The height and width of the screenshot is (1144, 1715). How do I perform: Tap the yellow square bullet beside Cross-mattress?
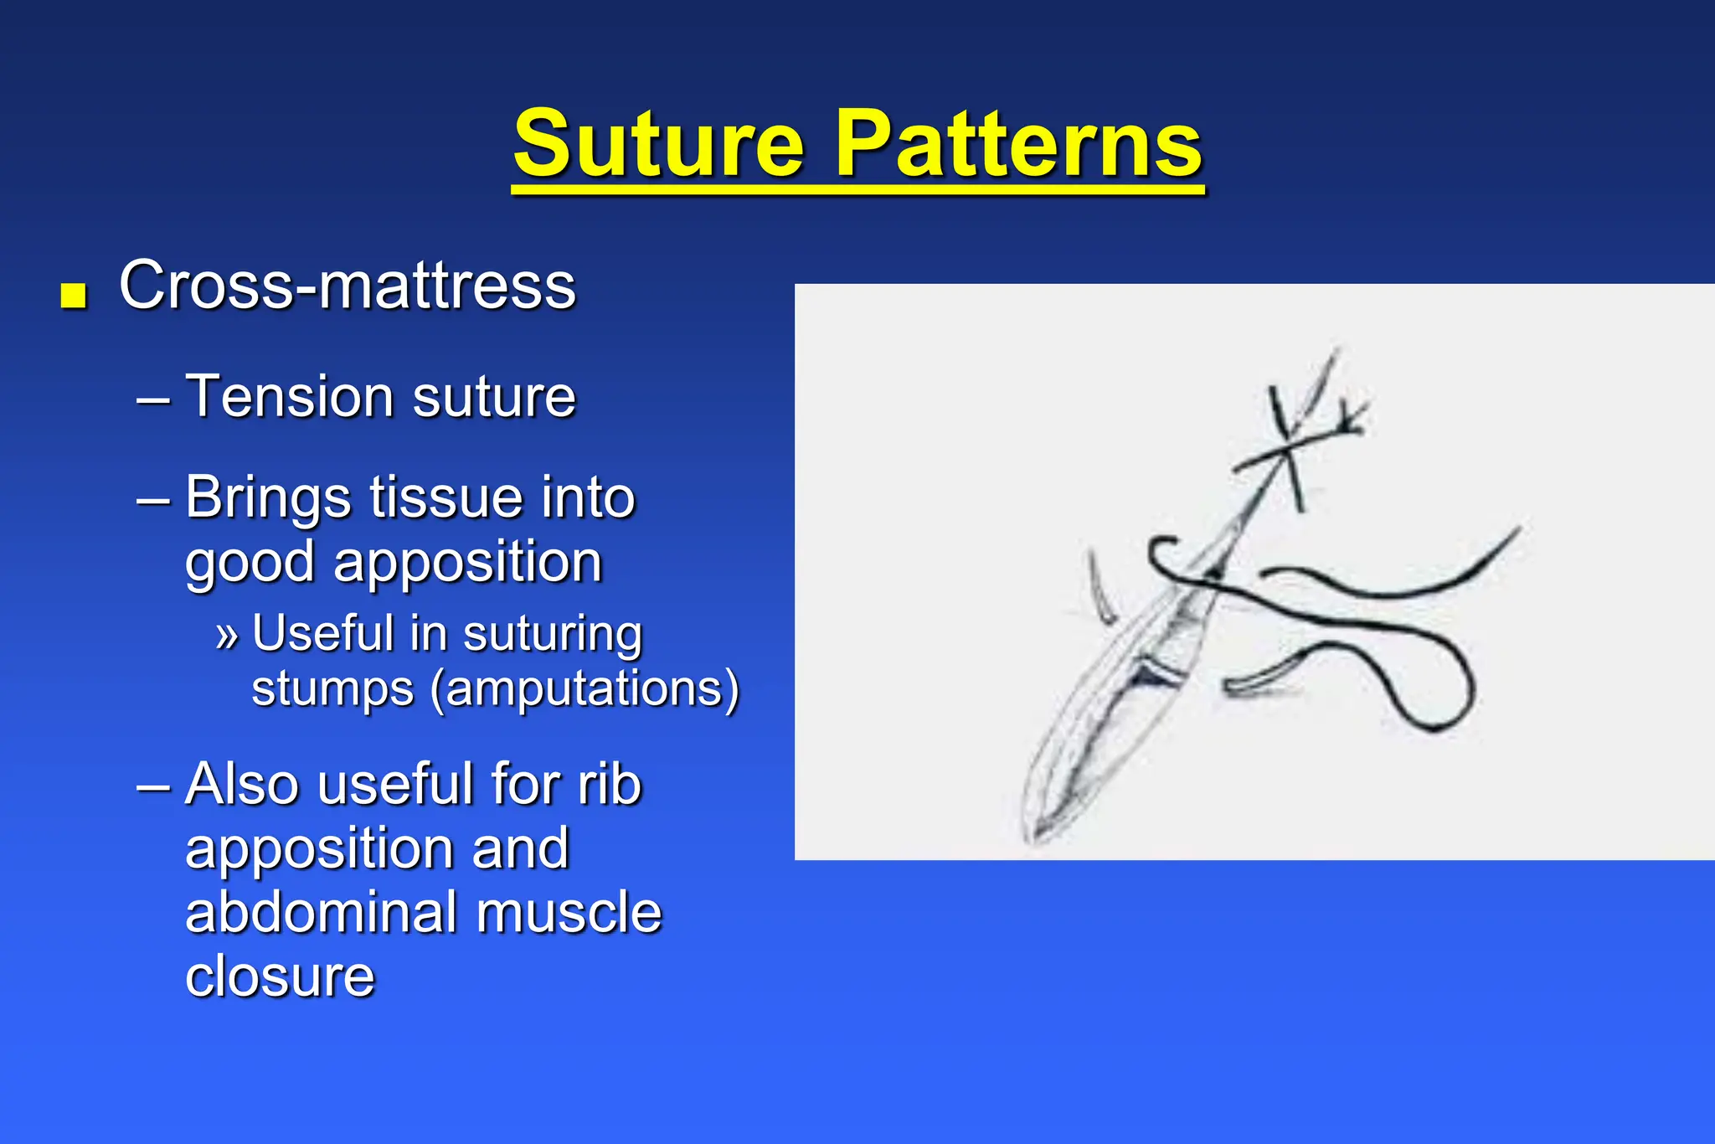(75, 296)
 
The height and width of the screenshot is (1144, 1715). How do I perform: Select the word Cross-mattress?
(347, 286)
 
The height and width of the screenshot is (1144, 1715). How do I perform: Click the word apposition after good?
(468, 562)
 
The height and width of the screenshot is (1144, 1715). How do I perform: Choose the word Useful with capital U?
(322, 633)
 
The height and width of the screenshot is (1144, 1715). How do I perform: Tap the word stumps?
(332, 689)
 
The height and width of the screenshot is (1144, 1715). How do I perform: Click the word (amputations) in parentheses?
(585, 689)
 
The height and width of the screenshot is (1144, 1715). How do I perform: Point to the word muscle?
(569, 913)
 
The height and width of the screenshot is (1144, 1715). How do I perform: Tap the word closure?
(280, 977)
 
